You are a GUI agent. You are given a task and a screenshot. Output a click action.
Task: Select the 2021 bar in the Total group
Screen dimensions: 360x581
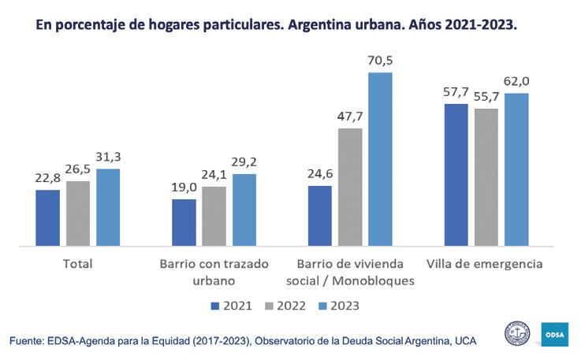click(47, 218)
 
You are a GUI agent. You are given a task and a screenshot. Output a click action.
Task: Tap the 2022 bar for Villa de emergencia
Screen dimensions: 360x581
click(486, 177)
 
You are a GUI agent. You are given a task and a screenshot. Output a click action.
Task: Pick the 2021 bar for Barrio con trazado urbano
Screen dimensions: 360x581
click(184, 223)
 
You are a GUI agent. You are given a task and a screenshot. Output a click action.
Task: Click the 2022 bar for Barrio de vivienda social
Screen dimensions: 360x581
click(350, 187)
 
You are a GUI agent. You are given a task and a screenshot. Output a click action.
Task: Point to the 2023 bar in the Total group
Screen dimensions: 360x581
click(108, 207)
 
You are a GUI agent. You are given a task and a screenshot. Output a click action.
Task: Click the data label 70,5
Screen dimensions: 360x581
click(380, 60)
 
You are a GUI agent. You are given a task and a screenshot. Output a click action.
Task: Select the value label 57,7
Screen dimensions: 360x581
click(456, 92)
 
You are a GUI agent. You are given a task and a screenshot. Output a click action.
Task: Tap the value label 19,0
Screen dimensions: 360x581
click(184, 188)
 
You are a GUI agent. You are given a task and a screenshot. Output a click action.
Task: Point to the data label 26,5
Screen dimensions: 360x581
click(78, 170)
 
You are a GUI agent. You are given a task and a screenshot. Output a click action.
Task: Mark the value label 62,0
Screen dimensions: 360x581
click(517, 82)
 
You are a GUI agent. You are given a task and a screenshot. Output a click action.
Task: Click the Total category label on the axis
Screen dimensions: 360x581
click(77, 264)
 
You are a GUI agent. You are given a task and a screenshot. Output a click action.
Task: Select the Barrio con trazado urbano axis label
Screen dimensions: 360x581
click(214, 272)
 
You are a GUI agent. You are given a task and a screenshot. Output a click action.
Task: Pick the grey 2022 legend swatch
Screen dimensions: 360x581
click(268, 305)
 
